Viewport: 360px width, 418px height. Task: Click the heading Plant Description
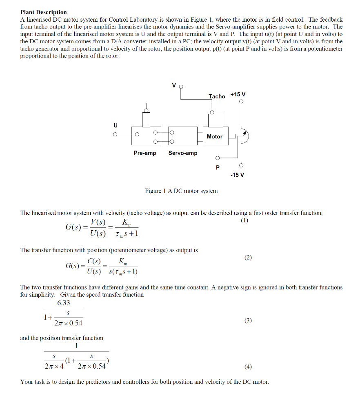click(x=43, y=12)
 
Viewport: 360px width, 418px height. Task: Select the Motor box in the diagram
click(x=214, y=136)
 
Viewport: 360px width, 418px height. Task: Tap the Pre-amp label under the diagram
click(x=145, y=153)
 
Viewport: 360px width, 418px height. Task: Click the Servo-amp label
click(x=183, y=153)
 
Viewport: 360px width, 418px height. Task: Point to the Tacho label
click(x=217, y=96)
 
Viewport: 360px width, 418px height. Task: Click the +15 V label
click(x=238, y=95)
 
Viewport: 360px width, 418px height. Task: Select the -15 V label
click(x=237, y=175)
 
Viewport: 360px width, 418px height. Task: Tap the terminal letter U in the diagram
click(x=116, y=125)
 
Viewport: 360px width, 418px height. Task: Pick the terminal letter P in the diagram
click(x=218, y=167)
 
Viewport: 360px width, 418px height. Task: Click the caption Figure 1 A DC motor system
click(x=181, y=191)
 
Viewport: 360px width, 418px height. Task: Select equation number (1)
click(x=244, y=220)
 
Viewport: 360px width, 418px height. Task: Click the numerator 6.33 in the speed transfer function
click(x=64, y=303)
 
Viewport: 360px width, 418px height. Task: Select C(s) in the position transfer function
click(x=95, y=262)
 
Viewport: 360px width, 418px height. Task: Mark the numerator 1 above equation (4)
click(x=76, y=346)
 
